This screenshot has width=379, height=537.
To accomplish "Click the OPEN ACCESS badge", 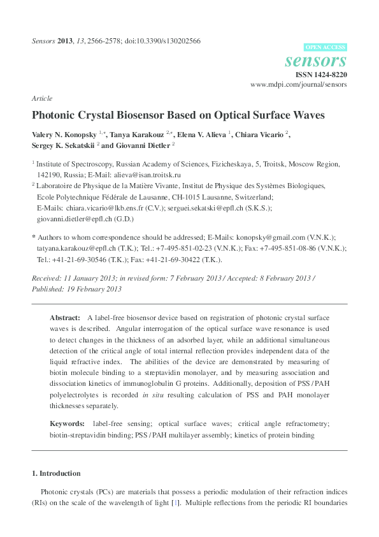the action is click(x=325, y=47).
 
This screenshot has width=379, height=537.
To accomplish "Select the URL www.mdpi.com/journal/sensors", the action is click(x=299, y=84).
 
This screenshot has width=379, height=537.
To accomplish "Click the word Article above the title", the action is click(x=41, y=99).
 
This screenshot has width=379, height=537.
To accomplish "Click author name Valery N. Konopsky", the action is click(x=68, y=135).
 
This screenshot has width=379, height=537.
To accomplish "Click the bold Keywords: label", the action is click(x=68, y=423).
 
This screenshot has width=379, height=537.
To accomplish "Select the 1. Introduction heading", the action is click(x=56, y=474).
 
